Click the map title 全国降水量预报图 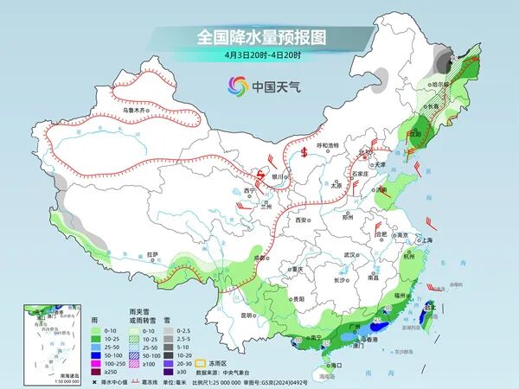coord(259,37)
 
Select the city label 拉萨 coord(152,254)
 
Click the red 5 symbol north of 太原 coord(305,154)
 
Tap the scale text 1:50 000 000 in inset coord(40,381)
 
